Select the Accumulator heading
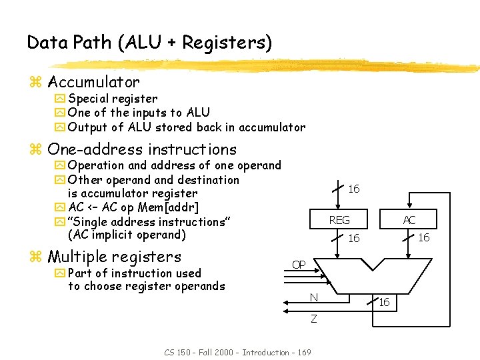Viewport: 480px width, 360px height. tap(93, 83)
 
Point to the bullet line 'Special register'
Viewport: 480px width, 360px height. tap(112, 99)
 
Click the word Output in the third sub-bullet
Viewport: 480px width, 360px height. tap(87, 127)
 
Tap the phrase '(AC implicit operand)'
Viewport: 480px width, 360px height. tap(127, 235)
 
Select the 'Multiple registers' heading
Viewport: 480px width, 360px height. tap(114, 257)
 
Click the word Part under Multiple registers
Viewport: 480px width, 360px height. tap(80, 273)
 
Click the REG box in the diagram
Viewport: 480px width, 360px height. tap(339, 220)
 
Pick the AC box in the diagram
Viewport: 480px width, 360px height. tap(409, 220)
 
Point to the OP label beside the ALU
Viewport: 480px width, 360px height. tap(299, 265)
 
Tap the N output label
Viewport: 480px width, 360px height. tap(313, 297)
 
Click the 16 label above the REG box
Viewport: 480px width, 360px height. tap(354, 189)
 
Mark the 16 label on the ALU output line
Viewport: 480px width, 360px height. tap(384, 303)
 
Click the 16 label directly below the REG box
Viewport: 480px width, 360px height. tap(354, 238)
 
